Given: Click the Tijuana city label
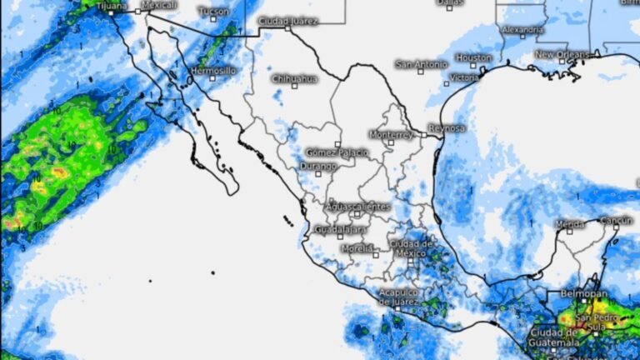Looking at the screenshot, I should (x=112, y=6).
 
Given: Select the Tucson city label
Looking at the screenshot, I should (x=213, y=12).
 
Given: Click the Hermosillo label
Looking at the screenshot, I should (x=213, y=71).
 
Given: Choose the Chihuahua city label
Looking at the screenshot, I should (x=294, y=78).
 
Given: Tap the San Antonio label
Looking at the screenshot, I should (x=421, y=63).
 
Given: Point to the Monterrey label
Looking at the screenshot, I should (x=390, y=134).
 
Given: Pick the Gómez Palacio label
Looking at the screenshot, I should (x=333, y=152).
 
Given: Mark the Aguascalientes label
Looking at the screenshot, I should (x=357, y=206).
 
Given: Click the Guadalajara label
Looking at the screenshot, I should (x=341, y=229).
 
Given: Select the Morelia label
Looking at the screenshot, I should (x=357, y=248).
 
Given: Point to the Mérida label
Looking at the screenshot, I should (x=570, y=224).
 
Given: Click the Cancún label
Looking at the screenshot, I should (x=617, y=220).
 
